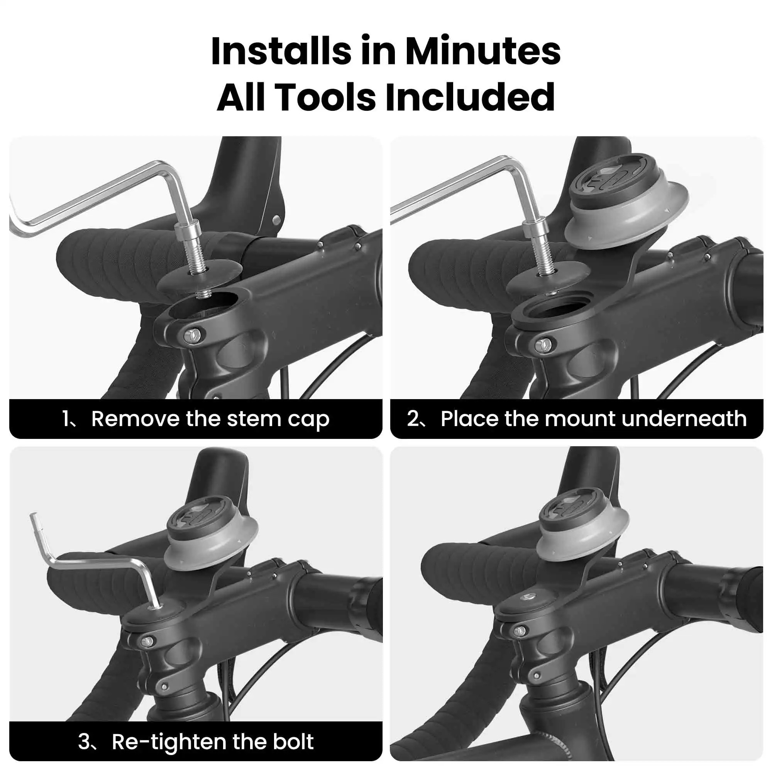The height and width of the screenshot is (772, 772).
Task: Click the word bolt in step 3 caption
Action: (293, 741)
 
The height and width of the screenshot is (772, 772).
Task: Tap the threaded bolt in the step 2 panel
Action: (545, 260)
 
